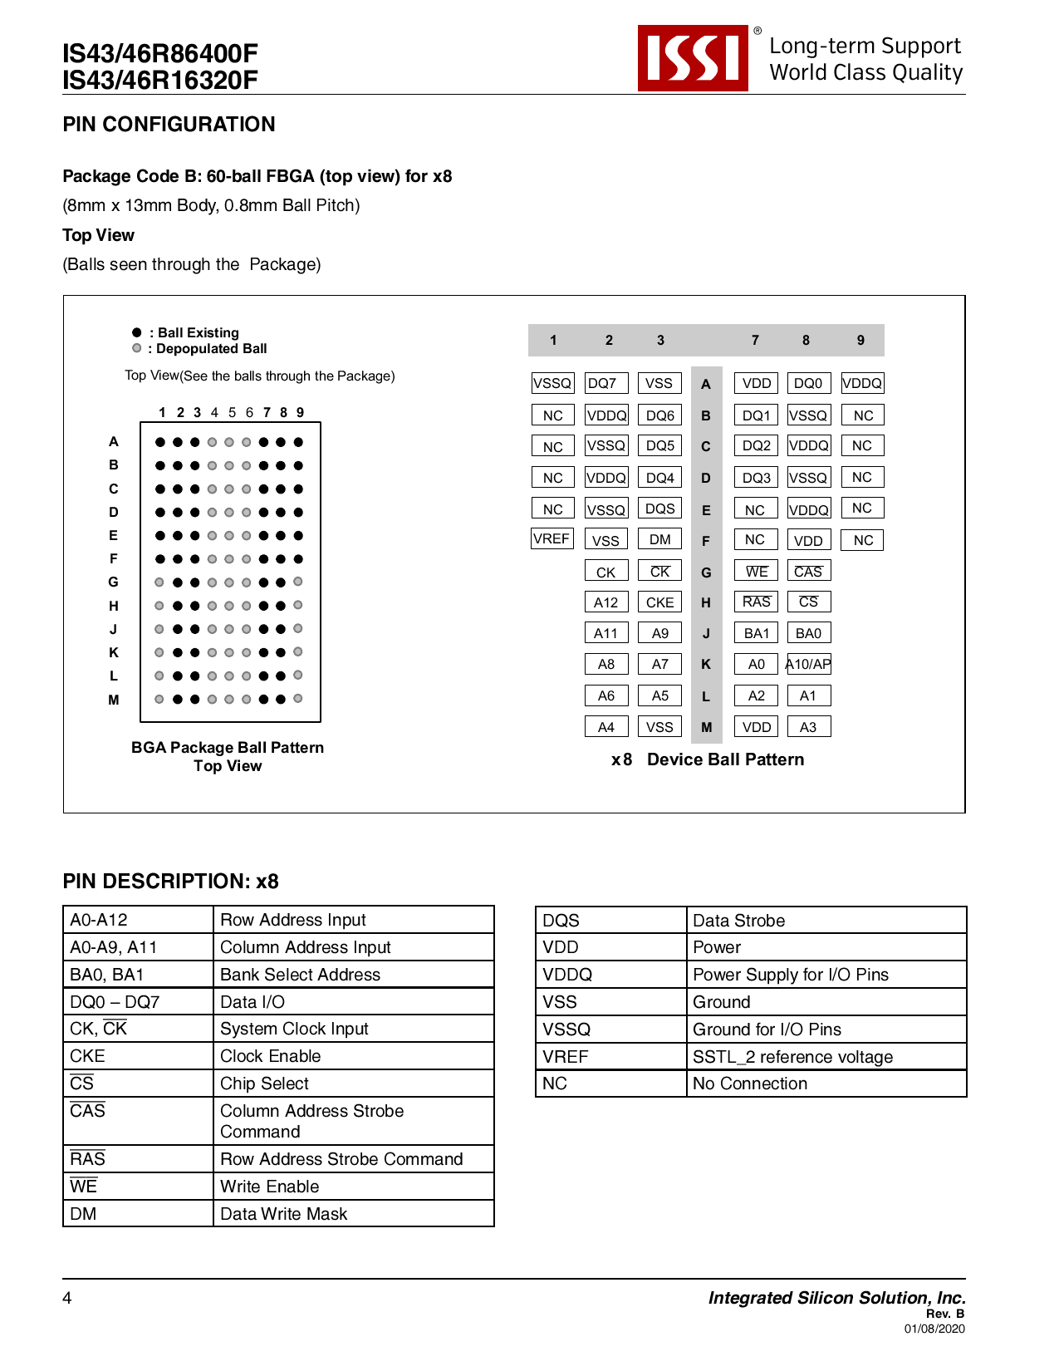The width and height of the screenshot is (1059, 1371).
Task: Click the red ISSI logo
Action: pos(693,58)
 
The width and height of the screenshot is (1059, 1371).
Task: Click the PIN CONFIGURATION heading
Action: pos(169,125)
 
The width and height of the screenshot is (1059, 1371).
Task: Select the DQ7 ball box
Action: pos(605,383)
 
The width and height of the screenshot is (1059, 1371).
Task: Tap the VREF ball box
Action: pos(552,538)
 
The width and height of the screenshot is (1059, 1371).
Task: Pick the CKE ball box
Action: pos(659,602)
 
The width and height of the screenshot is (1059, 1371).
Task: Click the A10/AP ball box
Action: pos(808,664)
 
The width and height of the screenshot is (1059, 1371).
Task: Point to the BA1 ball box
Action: pos(756,633)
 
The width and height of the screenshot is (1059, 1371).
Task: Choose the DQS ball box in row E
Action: pos(659,509)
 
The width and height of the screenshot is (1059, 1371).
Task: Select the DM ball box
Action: pos(659,539)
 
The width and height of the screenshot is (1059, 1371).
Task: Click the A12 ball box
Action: pos(605,602)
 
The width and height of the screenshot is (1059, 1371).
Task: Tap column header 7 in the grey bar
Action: pos(755,340)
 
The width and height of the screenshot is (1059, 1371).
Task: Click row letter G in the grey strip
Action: pos(706,572)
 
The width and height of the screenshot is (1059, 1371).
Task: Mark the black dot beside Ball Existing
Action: pos(137,332)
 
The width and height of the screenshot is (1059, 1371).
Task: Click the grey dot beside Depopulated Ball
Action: pos(137,348)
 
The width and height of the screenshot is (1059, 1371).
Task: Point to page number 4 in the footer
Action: pos(67,1298)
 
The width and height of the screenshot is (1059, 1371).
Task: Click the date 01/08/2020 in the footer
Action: pos(934,1329)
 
